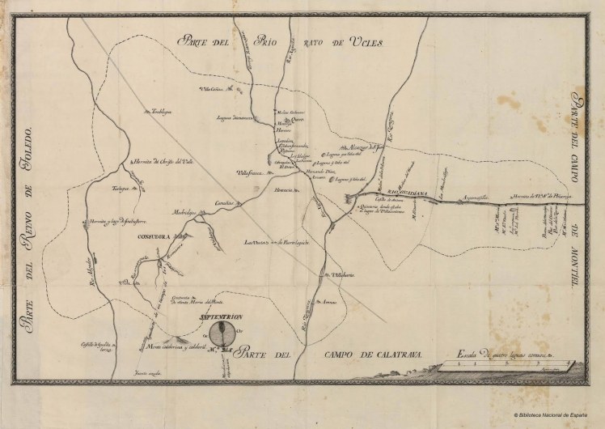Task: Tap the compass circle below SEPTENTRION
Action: point(229,333)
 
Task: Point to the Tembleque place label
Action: point(160,113)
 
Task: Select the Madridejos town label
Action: point(184,213)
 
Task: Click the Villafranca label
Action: point(250,172)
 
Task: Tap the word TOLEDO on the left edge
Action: point(30,155)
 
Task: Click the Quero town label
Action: point(295,119)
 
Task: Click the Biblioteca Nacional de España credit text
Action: point(557,417)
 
